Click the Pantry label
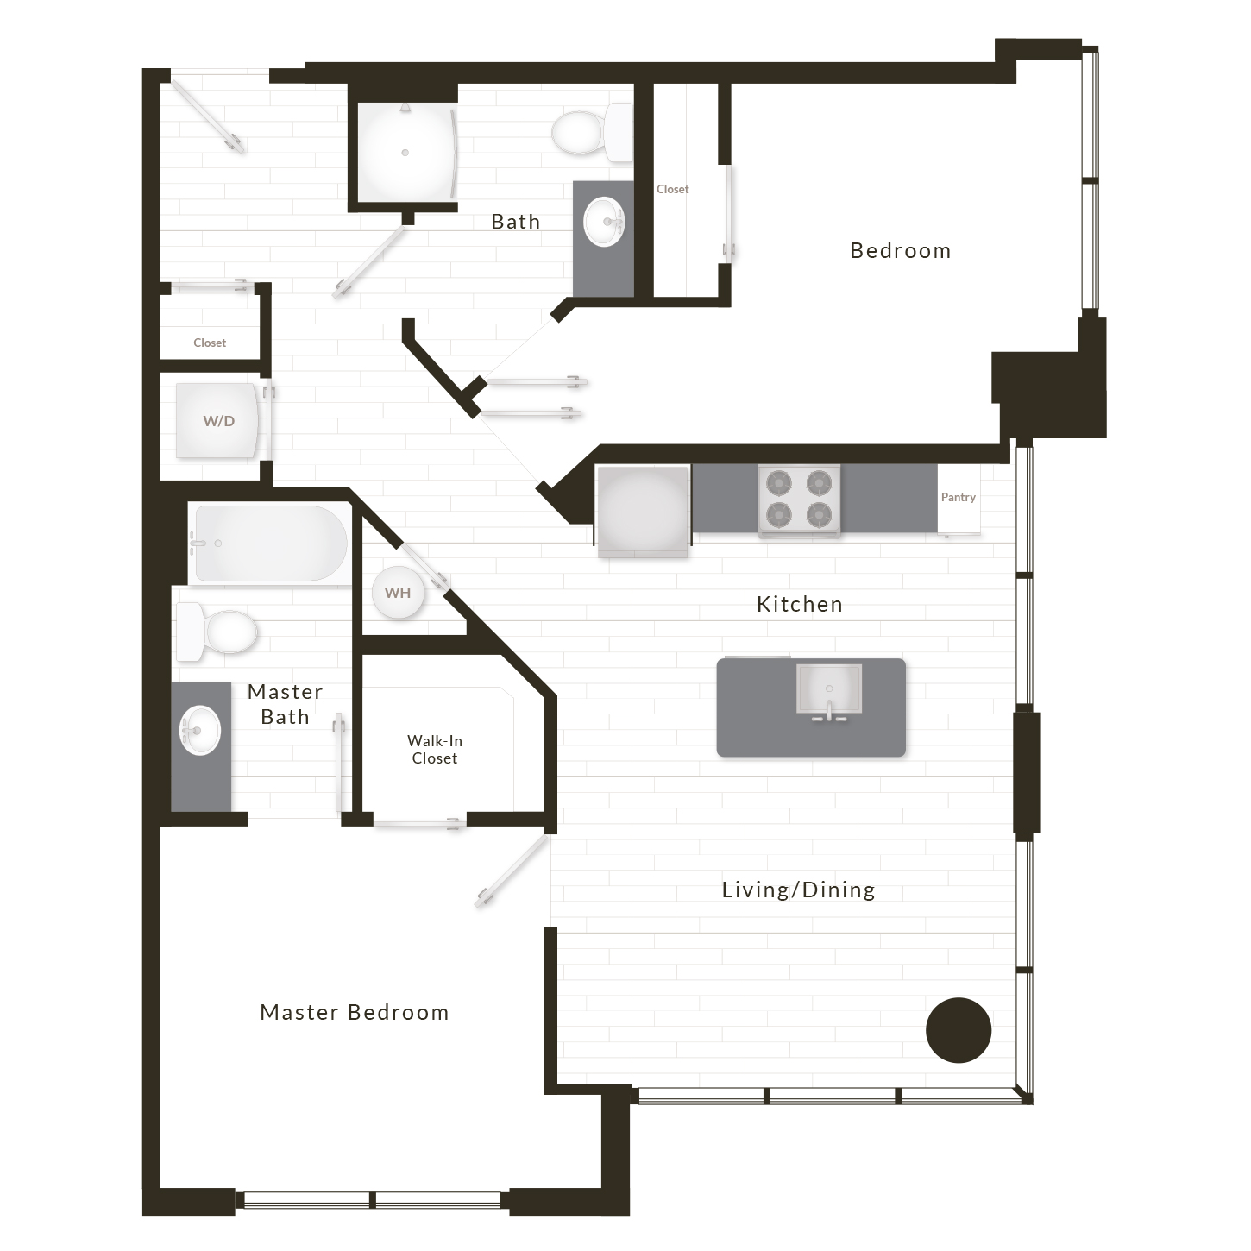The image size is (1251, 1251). [959, 497]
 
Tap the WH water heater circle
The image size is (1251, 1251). [398, 593]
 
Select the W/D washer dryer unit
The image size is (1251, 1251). [217, 421]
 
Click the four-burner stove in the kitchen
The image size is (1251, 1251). [799, 500]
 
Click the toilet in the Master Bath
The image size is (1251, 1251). [217, 632]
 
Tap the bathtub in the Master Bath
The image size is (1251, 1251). [270, 544]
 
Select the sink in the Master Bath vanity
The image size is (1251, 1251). [199, 731]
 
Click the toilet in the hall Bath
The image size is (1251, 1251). [592, 133]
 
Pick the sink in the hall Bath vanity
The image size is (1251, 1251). [604, 222]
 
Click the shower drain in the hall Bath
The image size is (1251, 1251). [405, 153]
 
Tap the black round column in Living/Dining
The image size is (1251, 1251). [959, 1030]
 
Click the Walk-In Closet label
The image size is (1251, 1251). [435, 749]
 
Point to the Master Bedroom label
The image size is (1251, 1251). [355, 1012]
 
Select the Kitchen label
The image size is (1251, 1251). [800, 605]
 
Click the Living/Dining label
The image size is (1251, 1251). [799, 890]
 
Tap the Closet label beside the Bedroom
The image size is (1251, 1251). [673, 190]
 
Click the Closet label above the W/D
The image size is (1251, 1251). [210, 343]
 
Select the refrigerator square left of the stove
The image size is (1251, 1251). [643, 511]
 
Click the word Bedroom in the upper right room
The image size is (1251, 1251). [901, 250]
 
